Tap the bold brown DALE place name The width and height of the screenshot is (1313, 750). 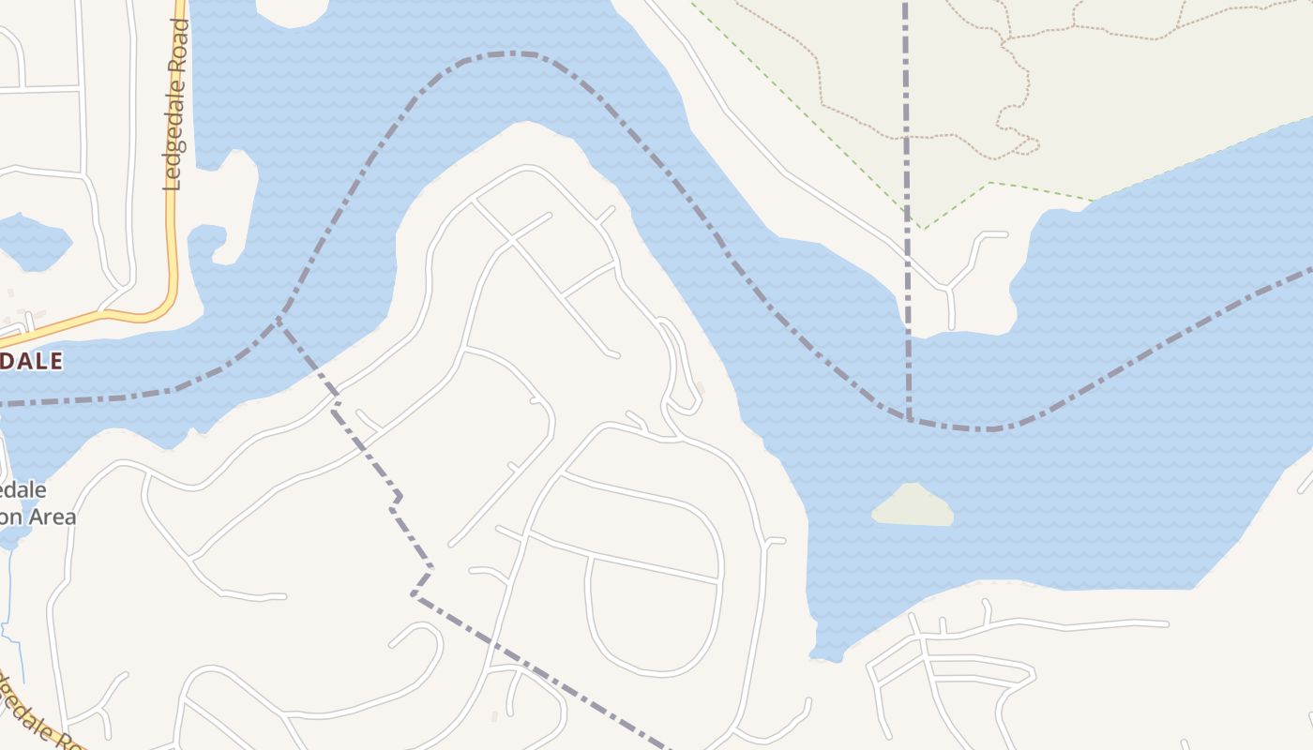pyautogui.click(x=31, y=361)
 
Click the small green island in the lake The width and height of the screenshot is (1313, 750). pyautogui.click(x=913, y=505)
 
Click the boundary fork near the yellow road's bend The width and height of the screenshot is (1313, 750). pyautogui.click(x=279, y=319)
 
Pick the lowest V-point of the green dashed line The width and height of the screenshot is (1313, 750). pyautogui.click(x=923, y=228)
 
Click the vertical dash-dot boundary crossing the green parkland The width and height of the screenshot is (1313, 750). pyautogui.click(x=906, y=112)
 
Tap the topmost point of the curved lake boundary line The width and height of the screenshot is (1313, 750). pyautogui.click(x=511, y=53)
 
